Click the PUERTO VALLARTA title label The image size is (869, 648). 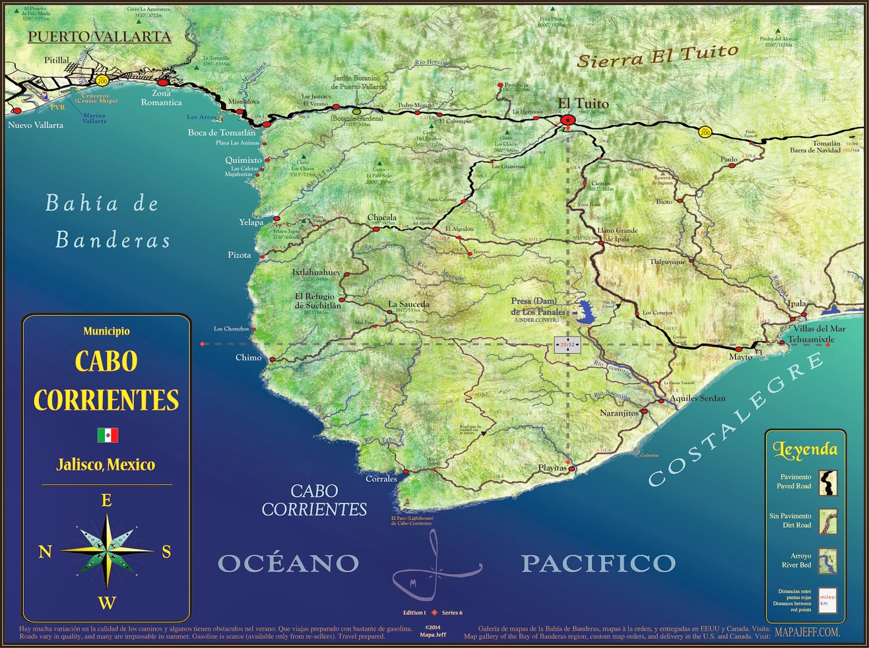click(99, 37)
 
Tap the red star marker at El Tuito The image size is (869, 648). click(568, 120)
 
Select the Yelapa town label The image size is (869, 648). click(251, 222)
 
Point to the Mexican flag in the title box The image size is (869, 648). click(108, 435)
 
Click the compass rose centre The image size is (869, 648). click(107, 550)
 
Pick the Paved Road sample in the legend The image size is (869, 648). click(828, 482)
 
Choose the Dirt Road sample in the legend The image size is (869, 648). click(828, 521)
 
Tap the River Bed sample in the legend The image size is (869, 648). click(828, 561)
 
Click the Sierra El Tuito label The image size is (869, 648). click(657, 56)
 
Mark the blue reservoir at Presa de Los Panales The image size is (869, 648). click(586, 312)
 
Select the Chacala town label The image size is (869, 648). click(382, 218)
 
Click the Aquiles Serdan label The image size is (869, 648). click(697, 398)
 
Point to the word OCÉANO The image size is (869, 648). click(288, 563)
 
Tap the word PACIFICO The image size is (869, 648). click(599, 563)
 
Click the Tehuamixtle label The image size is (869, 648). click(811, 339)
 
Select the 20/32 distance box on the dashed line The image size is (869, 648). click(568, 345)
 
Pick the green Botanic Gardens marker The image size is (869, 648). click(356, 112)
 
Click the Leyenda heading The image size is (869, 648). click(805, 449)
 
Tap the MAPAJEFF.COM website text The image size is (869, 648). click(807, 632)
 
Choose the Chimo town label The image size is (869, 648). click(248, 357)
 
